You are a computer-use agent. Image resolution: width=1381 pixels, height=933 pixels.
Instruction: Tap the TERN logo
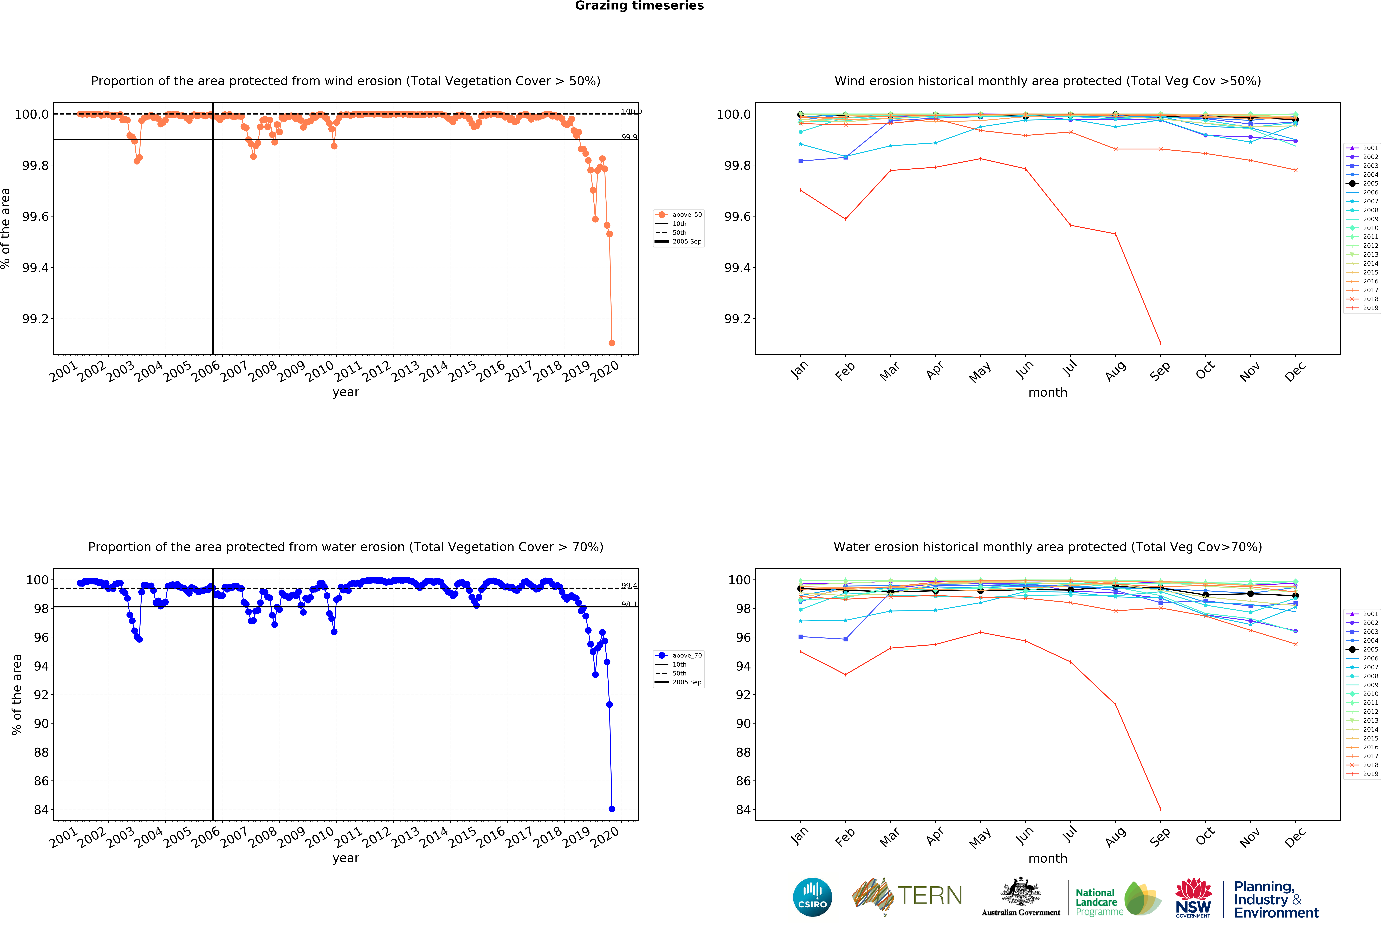[x=907, y=896]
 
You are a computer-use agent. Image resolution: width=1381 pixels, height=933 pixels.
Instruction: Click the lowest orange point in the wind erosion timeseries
[x=612, y=343]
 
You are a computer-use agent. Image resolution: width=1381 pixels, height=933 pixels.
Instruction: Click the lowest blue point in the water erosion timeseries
[x=612, y=809]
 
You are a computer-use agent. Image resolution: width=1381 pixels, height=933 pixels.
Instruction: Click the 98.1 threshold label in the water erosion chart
[x=629, y=604]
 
